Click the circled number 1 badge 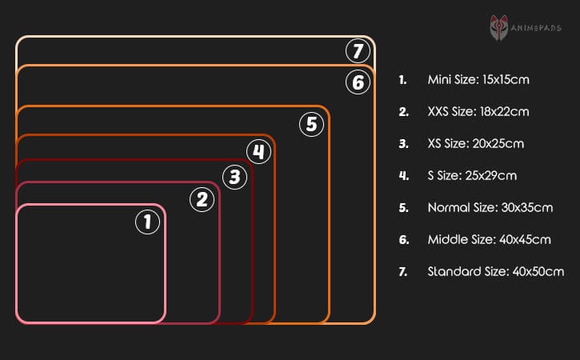[x=146, y=222]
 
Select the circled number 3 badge [x=234, y=177]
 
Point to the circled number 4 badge [x=258, y=151]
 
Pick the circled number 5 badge [x=311, y=124]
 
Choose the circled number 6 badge [x=357, y=82]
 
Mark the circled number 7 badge [x=358, y=52]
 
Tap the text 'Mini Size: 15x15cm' [x=478, y=79]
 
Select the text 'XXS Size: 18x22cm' [x=478, y=111]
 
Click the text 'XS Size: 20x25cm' [x=476, y=143]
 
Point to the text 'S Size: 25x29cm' [x=472, y=175]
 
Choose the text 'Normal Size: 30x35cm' [x=490, y=207]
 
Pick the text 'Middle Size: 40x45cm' [x=489, y=239]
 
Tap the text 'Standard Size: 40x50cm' [x=496, y=271]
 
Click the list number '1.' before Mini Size [x=402, y=79]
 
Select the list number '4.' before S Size [x=403, y=175]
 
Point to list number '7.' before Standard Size [x=403, y=271]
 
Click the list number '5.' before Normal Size [x=403, y=207]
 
